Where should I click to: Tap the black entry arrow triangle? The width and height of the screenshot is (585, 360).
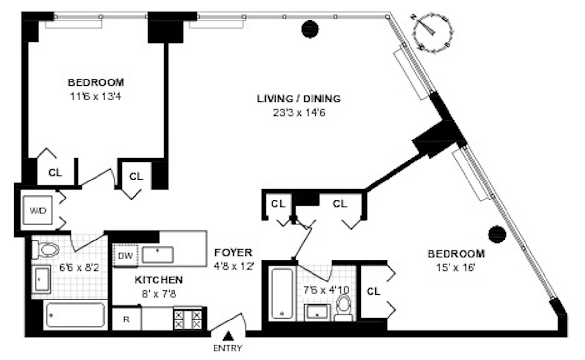coord(228,336)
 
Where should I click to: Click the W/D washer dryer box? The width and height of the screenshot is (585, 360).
coord(38,210)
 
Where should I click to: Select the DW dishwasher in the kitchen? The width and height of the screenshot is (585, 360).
coord(125,256)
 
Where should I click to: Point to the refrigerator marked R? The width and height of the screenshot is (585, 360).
coord(127,319)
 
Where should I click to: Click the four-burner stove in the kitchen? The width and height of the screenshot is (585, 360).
coord(188,319)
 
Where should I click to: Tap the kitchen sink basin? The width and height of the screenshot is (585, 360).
coord(157,255)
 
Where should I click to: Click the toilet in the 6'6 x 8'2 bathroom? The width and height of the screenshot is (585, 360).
coord(45,250)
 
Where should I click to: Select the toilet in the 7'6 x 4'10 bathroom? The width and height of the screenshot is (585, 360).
coord(344,308)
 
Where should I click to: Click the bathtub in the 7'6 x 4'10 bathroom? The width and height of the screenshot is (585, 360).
coord(282,293)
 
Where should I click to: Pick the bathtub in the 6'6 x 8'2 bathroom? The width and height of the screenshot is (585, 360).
coord(76,315)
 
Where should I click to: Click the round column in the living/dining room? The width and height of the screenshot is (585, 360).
coord(310,29)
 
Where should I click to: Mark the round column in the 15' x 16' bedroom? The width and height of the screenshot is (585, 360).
coord(497,234)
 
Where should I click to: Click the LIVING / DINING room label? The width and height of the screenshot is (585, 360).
coord(299,99)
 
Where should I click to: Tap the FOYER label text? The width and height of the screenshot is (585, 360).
coord(233,253)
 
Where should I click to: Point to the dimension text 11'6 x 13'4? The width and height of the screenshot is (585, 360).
coord(96,97)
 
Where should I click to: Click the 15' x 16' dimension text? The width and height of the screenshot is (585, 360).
coord(456,267)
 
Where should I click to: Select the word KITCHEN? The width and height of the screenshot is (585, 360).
coord(159,280)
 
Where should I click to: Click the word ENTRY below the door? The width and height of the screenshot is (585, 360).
coord(228,348)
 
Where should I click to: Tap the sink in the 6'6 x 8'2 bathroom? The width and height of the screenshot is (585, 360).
coord(41,280)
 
